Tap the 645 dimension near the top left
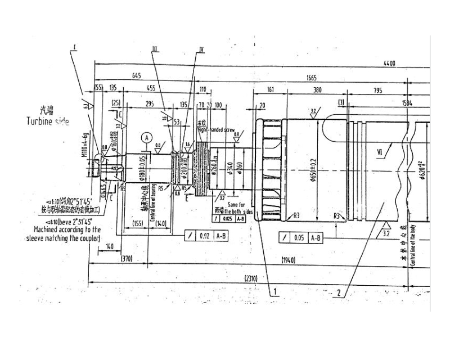pos(136,75)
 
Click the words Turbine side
pos(48,121)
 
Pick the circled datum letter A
pos(147,137)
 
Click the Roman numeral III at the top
pos(155,49)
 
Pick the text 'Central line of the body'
pos(414,246)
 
